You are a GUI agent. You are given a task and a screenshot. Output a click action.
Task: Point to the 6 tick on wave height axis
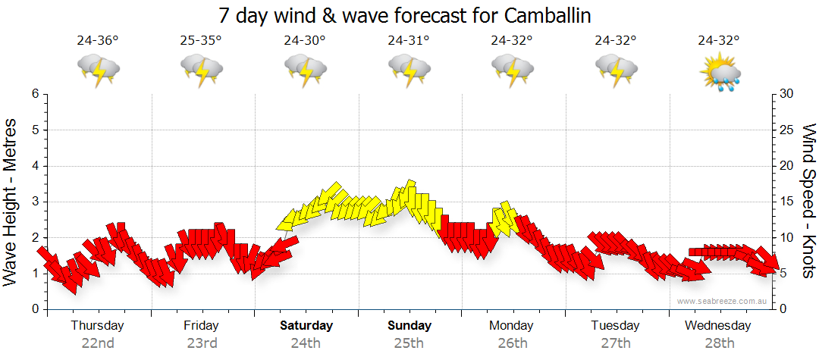point(34,94)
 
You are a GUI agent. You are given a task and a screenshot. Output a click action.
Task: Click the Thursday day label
point(97,325)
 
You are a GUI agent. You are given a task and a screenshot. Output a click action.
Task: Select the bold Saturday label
point(306,325)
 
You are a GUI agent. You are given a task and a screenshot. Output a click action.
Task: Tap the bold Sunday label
point(409,325)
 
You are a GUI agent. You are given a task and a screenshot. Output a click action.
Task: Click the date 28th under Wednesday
point(718,343)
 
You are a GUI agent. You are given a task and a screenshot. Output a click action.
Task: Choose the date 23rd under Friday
point(201,343)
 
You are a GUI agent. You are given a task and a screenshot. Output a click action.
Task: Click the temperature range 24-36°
point(98,40)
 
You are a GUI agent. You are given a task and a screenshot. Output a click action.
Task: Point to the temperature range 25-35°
point(201,40)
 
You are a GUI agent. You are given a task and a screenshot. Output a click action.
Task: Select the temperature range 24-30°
point(305,40)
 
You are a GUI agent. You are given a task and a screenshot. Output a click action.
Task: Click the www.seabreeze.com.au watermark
point(723,301)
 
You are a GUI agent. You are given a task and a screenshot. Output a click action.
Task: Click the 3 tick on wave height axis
point(34,202)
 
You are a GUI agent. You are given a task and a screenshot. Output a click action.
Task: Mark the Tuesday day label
point(615,325)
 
